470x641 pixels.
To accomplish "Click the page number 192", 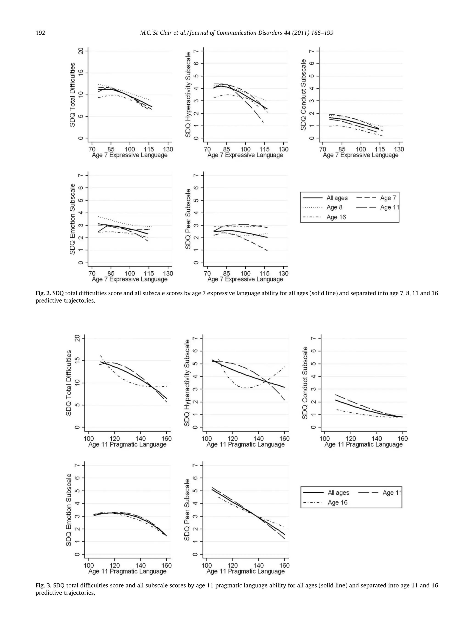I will [x=40, y=33].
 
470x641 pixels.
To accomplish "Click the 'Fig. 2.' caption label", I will [x=43, y=293].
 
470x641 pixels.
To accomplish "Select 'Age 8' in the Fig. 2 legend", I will [x=334, y=207].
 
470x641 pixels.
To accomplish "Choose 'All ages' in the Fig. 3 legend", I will [x=338, y=493].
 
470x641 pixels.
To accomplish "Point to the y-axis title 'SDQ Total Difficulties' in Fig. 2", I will [x=73, y=95].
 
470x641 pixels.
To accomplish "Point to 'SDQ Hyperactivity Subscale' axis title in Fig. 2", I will [x=188, y=95].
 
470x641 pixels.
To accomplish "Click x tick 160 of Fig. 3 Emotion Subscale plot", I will [x=166, y=565].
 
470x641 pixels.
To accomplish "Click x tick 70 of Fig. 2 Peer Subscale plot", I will [x=207, y=273].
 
